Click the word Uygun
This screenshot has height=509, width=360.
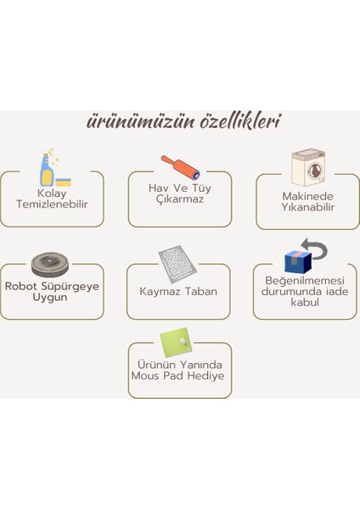[51, 298]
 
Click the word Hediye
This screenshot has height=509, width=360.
[208, 375]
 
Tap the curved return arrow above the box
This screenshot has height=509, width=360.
[316, 249]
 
